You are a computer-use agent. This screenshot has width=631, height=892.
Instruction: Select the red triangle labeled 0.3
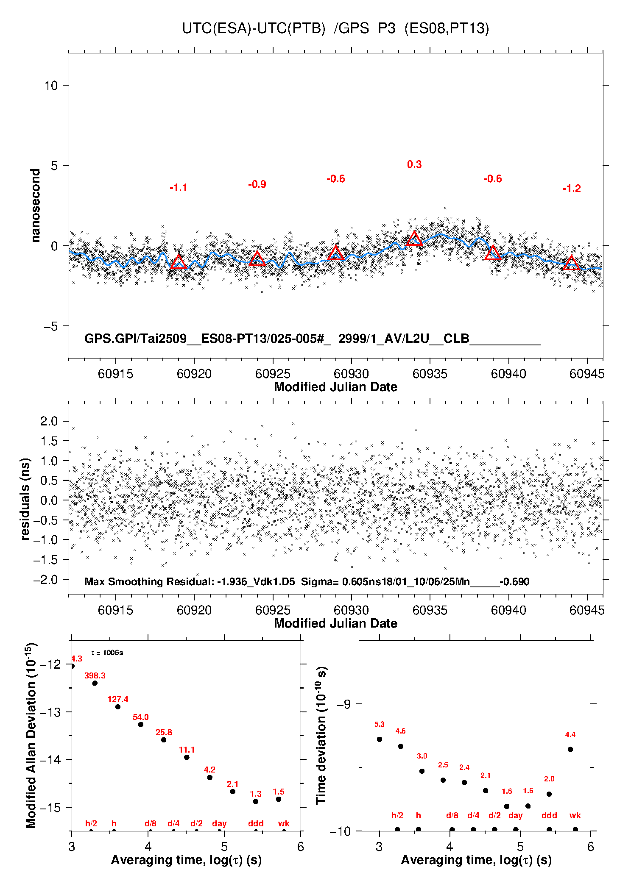point(414,239)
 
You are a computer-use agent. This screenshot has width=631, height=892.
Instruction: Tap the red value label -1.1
point(179,188)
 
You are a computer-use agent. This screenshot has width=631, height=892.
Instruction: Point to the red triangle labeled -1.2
point(572,263)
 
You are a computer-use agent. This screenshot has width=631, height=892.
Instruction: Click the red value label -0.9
point(257,184)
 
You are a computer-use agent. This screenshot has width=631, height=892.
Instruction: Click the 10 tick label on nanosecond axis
point(51,86)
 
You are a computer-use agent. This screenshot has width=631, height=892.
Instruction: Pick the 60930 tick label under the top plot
point(351,374)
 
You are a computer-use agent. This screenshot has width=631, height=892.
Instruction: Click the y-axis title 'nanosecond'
point(36,206)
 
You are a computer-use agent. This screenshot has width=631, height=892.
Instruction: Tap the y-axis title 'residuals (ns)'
point(25,499)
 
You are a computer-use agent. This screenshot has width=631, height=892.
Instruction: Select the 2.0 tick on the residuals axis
point(49,421)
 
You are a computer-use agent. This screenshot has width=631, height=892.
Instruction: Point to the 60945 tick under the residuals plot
point(587,610)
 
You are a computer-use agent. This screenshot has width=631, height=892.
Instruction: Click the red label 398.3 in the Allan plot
point(95,675)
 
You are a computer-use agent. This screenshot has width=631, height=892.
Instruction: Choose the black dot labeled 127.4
point(118,707)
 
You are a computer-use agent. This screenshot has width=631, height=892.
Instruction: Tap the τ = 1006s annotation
point(107,653)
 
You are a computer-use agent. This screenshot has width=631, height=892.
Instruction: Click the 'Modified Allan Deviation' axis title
point(31,736)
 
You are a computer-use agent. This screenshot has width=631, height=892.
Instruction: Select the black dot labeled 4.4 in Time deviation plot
point(570,750)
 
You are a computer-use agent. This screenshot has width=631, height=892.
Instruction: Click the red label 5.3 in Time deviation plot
point(380,724)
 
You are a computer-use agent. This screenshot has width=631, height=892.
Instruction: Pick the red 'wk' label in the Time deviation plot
point(575,816)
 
